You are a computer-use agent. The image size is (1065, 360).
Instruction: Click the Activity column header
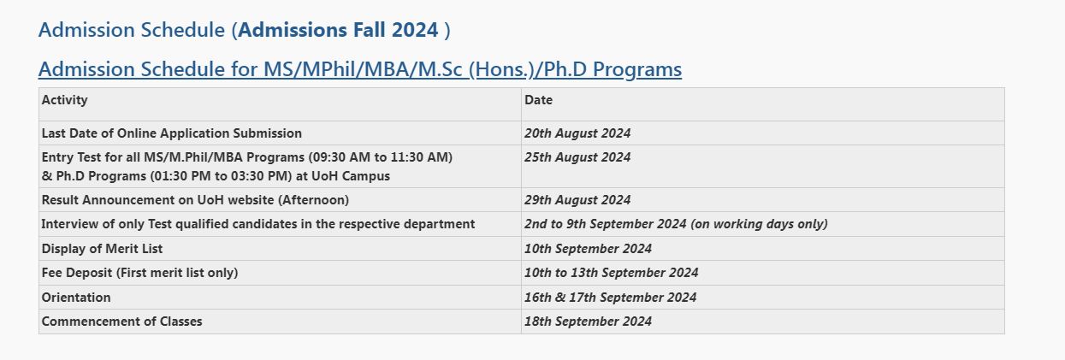coord(65,100)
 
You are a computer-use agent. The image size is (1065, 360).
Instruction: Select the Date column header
coord(538,100)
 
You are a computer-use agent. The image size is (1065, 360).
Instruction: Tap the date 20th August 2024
coord(577,133)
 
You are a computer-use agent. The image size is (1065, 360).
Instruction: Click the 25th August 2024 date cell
coord(577,157)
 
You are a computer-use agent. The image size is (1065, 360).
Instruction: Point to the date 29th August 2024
coord(577,200)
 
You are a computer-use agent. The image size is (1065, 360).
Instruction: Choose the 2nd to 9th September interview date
coord(676,224)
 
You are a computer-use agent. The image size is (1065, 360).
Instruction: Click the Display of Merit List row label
coord(102,249)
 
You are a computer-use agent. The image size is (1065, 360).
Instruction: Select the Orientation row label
coord(76,298)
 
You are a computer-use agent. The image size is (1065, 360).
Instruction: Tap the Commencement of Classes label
coord(121,322)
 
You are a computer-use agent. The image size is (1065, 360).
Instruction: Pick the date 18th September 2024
coord(588,322)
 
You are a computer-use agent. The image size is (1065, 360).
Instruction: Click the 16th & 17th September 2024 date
coord(610,298)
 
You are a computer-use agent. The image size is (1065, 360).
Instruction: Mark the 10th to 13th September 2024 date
coord(611,273)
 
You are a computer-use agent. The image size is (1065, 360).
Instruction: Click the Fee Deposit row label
coord(139,273)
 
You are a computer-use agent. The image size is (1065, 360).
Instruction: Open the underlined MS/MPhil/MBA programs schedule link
coord(360,69)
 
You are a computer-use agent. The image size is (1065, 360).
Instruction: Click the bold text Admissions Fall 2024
coord(338,30)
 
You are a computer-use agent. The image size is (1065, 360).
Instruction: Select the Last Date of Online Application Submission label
coord(172,133)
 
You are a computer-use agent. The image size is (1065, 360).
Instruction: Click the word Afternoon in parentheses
coord(314,200)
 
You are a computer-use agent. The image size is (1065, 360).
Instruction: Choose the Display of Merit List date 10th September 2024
coord(588,249)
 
